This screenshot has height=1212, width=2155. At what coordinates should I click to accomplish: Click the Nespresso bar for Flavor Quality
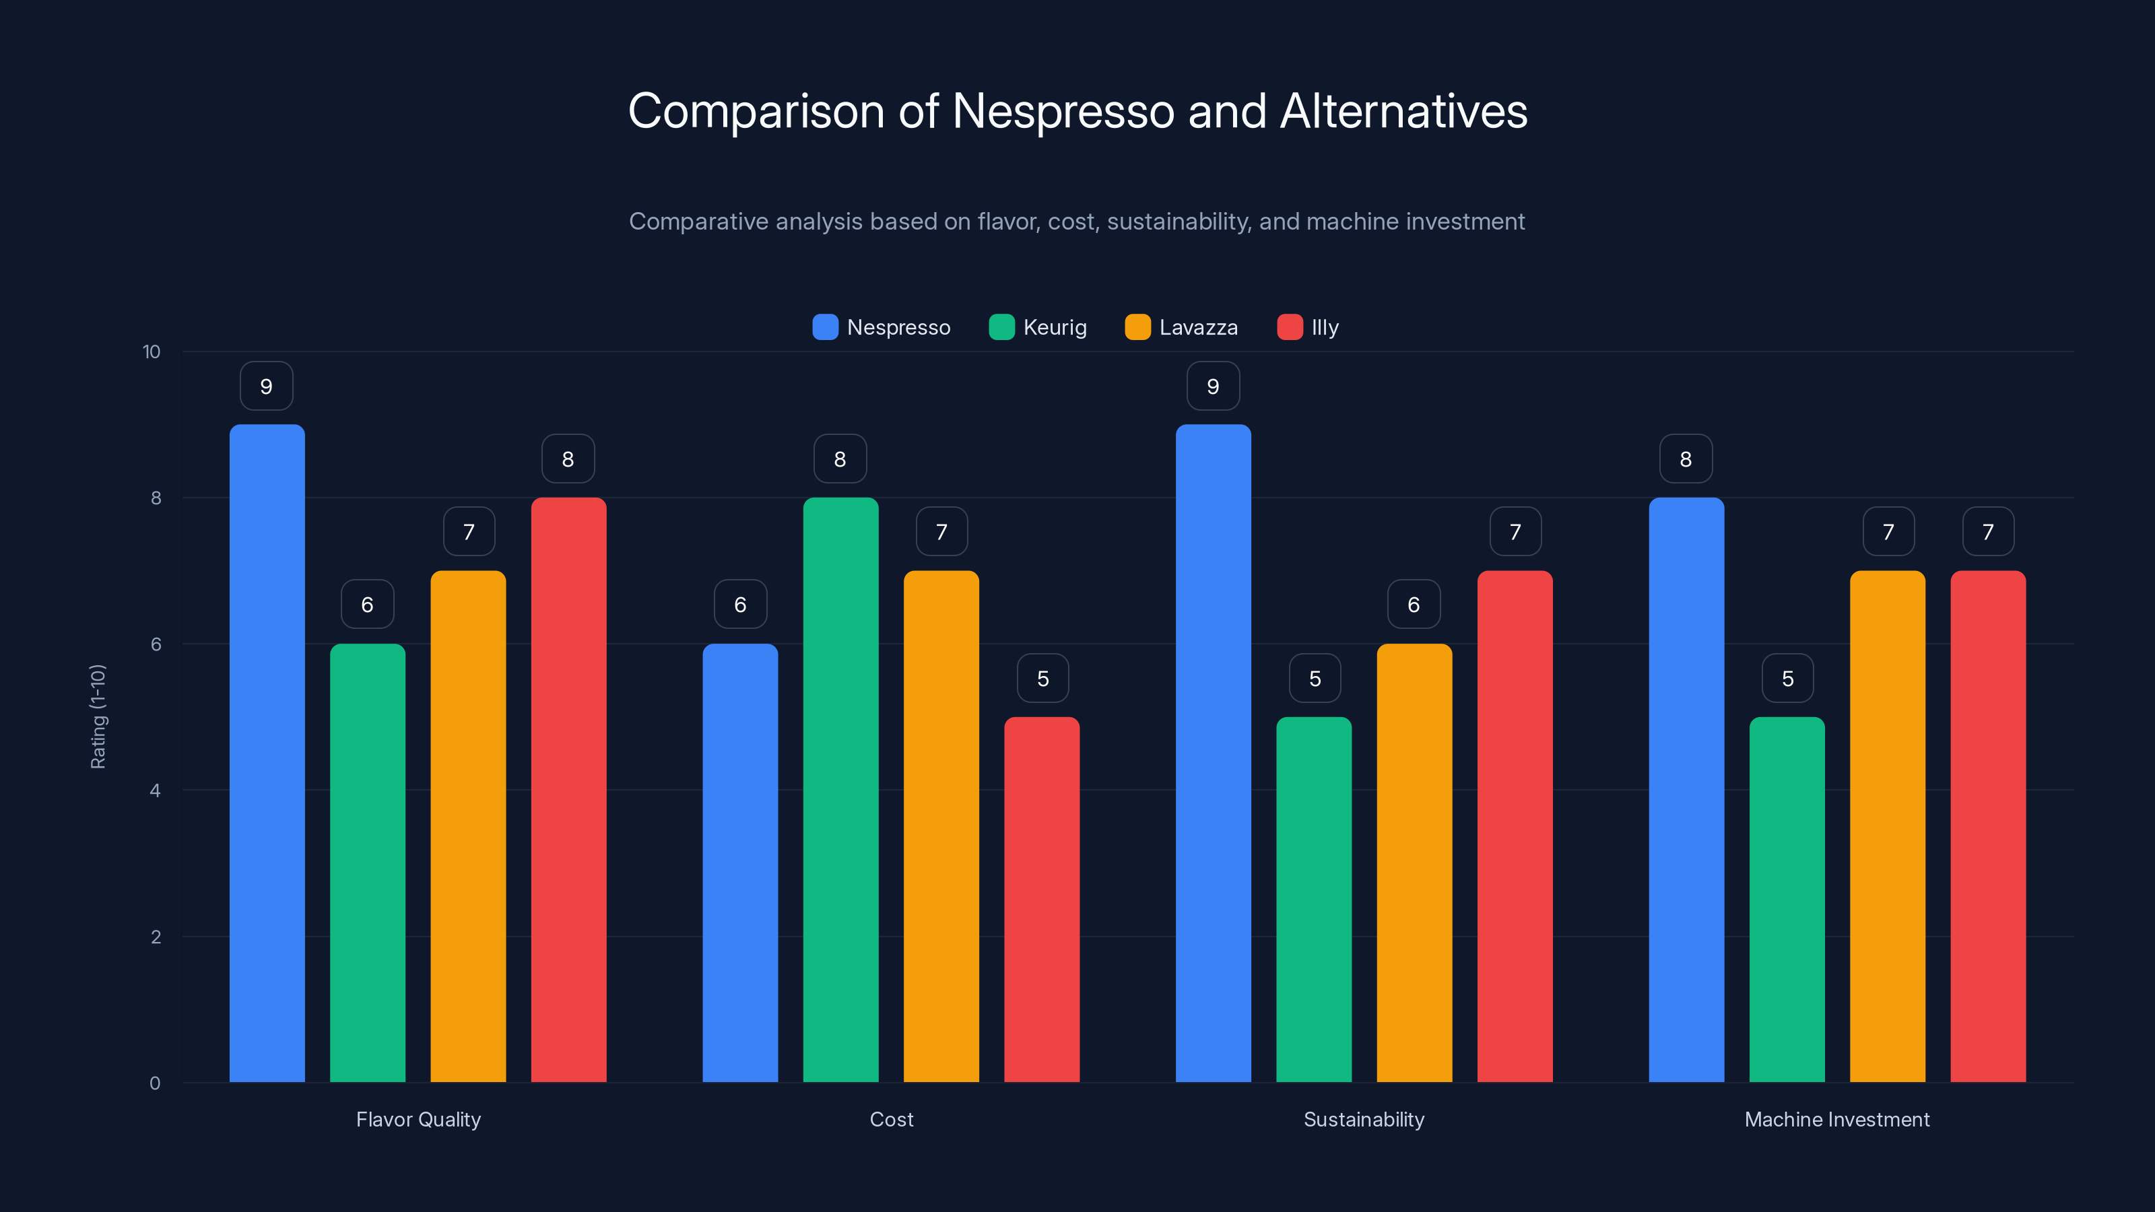267,753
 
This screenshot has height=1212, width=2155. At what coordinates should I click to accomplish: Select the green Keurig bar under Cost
840,790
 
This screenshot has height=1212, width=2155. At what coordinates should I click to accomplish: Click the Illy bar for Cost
1042,899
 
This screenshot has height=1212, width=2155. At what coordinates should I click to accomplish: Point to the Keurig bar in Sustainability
1313,899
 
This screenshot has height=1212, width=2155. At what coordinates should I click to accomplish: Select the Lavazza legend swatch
1137,327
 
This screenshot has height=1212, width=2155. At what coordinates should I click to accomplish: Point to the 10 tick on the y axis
152,352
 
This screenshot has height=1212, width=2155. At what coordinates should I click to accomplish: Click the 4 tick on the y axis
155,790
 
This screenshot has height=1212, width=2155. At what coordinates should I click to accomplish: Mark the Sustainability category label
1364,1119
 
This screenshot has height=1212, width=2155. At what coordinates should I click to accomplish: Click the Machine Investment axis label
1836,1119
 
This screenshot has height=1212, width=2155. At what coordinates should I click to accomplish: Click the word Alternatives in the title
1403,111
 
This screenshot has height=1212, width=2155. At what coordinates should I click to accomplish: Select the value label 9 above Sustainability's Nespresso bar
1213,386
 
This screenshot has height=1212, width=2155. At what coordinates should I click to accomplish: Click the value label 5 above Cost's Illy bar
1042,678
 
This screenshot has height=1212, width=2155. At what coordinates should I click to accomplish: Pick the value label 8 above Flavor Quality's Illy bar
568,459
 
